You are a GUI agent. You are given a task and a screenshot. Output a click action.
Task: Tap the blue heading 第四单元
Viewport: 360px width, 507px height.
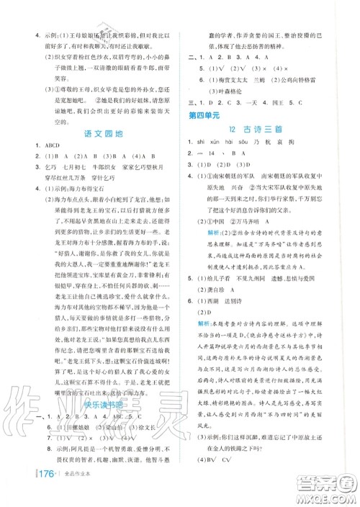pyautogui.click(x=204, y=115)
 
